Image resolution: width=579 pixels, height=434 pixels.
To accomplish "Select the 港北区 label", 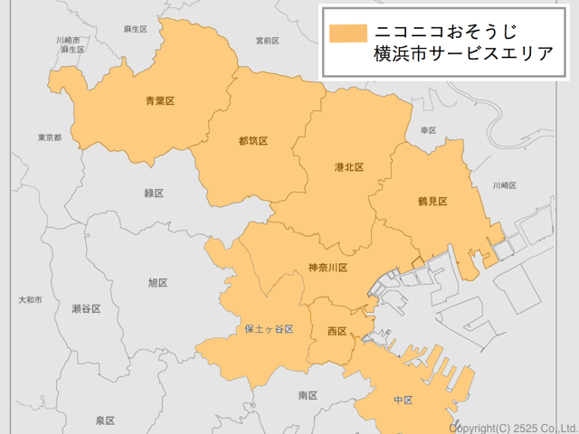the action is (x=348, y=167).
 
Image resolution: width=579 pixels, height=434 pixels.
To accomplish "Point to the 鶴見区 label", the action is (x=432, y=201).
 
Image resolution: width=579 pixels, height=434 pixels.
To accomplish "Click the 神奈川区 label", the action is (x=327, y=268).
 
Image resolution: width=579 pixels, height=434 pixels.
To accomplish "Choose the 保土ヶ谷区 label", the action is (x=269, y=329).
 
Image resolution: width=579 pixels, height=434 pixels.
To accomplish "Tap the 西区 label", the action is (x=337, y=332).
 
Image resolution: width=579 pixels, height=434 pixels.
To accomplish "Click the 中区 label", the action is (x=403, y=400).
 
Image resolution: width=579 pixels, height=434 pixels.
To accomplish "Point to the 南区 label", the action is (x=308, y=395).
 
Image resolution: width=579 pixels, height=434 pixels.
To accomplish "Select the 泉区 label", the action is (x=105, y=420).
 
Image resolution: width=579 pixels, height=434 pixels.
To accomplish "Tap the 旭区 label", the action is (x=157, y=282).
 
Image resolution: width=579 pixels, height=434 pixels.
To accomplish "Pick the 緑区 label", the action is (x=154, y=193).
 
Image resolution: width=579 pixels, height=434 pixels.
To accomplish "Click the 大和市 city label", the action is (x=30, y=298).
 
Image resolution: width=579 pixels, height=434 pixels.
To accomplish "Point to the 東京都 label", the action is (x=50, y=137).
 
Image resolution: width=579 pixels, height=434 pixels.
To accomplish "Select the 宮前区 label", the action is (x=267, y=41).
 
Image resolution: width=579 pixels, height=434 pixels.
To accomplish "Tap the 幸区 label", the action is (x=428, y=130).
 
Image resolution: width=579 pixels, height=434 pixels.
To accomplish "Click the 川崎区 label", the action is (x=504, y=184).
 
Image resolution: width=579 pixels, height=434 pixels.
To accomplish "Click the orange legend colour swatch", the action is (x=347, y=33).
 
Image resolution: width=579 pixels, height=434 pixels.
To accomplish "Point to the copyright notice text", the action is (x=513, y=427).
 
